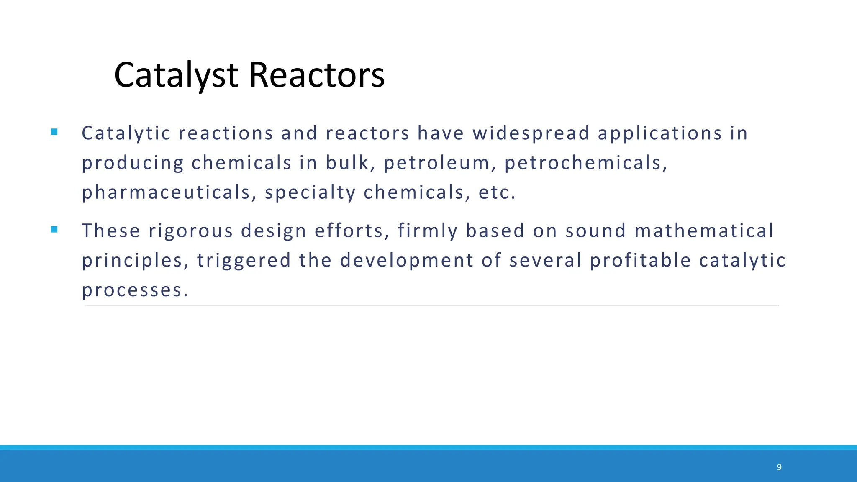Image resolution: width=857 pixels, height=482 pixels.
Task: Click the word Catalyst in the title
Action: click(176, 75)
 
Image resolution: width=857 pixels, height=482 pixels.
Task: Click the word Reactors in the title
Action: click(317, 75)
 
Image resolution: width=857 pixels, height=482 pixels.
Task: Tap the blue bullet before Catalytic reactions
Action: click(54, 132)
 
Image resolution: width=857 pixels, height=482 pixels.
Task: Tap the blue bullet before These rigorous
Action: click(54, 229)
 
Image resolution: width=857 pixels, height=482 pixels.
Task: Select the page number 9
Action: click(779, 467)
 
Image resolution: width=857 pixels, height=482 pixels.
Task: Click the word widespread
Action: click(531, 133)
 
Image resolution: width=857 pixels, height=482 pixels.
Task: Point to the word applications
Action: click(660, 133)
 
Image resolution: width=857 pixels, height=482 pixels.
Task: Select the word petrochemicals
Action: click(585, 163)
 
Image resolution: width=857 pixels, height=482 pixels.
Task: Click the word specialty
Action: click(310, 193)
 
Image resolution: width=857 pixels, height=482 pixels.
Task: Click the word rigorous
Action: click(190, 231)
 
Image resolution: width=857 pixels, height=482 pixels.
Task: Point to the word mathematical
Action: click(704, 231)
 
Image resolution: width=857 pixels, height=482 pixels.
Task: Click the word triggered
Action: click(244, 261)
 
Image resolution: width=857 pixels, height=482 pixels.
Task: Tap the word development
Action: click(407, 261)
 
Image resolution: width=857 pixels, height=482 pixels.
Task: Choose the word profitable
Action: click(640, 261)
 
